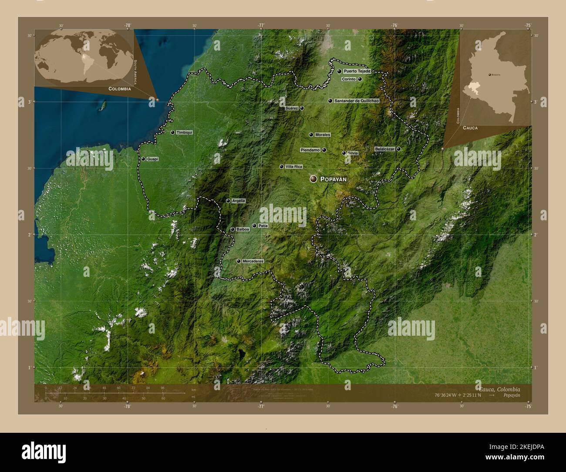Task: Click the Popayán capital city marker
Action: tap(313, 179)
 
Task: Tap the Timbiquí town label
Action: tap(184, 132)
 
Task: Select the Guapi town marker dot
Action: tap(143, 159)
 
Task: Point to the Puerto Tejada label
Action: tap(357, 71)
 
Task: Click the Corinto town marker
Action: tap(360, 79)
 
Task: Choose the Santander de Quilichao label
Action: tap(356, 101)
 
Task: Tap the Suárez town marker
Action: tap(302, 108)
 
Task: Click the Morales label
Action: tap(323, 135)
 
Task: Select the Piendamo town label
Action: tap(310, 150)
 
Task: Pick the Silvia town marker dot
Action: tap(344, 153)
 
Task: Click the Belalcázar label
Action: tap(384, 149)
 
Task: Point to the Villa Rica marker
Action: tap(281, 166)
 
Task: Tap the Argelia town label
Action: tap(239, 201)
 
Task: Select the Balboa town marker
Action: tap(232, 229)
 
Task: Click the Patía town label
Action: tap(263, 226)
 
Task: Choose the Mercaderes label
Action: tap(253, 261)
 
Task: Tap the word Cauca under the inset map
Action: tap(470, 128)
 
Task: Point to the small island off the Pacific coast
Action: tap(104, 105)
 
